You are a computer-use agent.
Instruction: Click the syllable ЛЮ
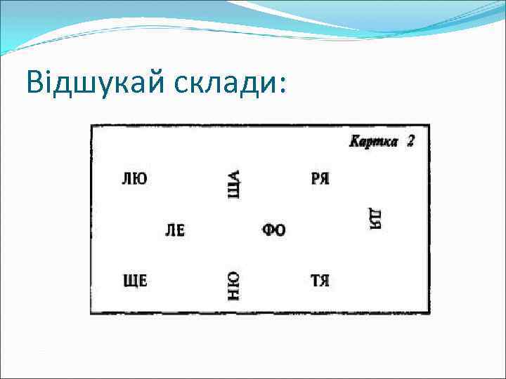tap(135, 178)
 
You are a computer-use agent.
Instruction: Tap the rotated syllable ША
tap(234, 184)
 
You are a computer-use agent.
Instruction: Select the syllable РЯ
tap(320, 178)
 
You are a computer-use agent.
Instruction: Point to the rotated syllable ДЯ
tap(375, 218)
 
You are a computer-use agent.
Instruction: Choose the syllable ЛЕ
tap(175, 230)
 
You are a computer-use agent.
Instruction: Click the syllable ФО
tap(274, 230)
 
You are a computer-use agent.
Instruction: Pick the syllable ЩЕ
tap(135, 281)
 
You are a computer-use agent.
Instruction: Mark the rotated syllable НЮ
tap(234, 286)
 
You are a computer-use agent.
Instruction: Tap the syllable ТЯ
tap(320, 281)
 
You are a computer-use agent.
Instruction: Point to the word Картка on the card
tap(374, 142)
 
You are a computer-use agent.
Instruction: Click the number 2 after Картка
tap(410, 141)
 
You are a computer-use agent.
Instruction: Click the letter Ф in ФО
tap(268, 230)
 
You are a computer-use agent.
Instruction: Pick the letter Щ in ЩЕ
tap(130, 281)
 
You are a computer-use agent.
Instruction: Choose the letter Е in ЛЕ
tap(180, 230)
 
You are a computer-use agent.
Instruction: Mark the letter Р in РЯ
tap(315, 178)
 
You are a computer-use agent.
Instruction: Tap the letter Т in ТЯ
tap(315, 281)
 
